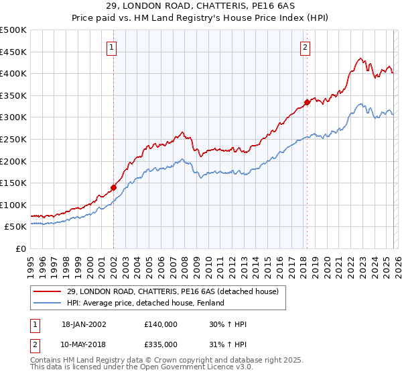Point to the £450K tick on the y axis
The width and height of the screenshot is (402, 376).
13,52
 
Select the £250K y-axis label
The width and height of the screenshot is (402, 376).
13,139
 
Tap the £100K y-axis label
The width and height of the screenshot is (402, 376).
13,205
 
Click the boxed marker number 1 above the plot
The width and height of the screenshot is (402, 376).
111,47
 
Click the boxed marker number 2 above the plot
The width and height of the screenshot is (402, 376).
305,47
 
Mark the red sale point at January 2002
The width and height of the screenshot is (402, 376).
113,187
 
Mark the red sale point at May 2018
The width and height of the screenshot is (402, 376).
307,102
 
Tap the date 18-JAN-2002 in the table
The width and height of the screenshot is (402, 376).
84,324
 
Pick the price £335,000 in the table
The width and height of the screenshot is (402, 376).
161,344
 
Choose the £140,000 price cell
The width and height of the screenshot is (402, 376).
161,324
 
